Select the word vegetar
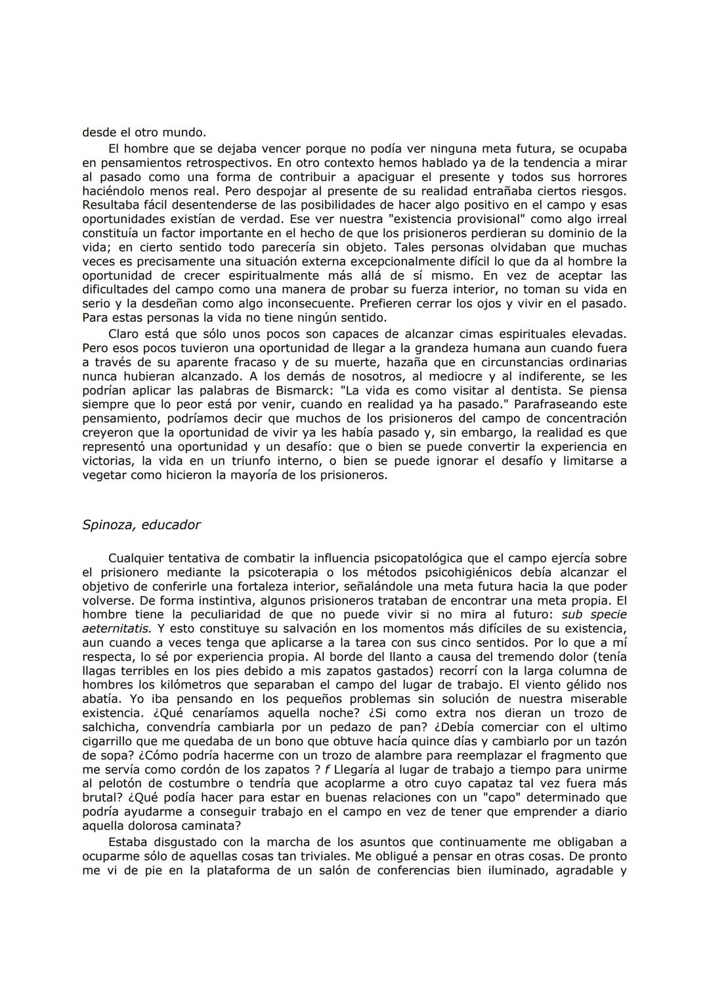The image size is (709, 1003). coord(105,475)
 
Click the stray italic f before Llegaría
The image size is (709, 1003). coord(327,769)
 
